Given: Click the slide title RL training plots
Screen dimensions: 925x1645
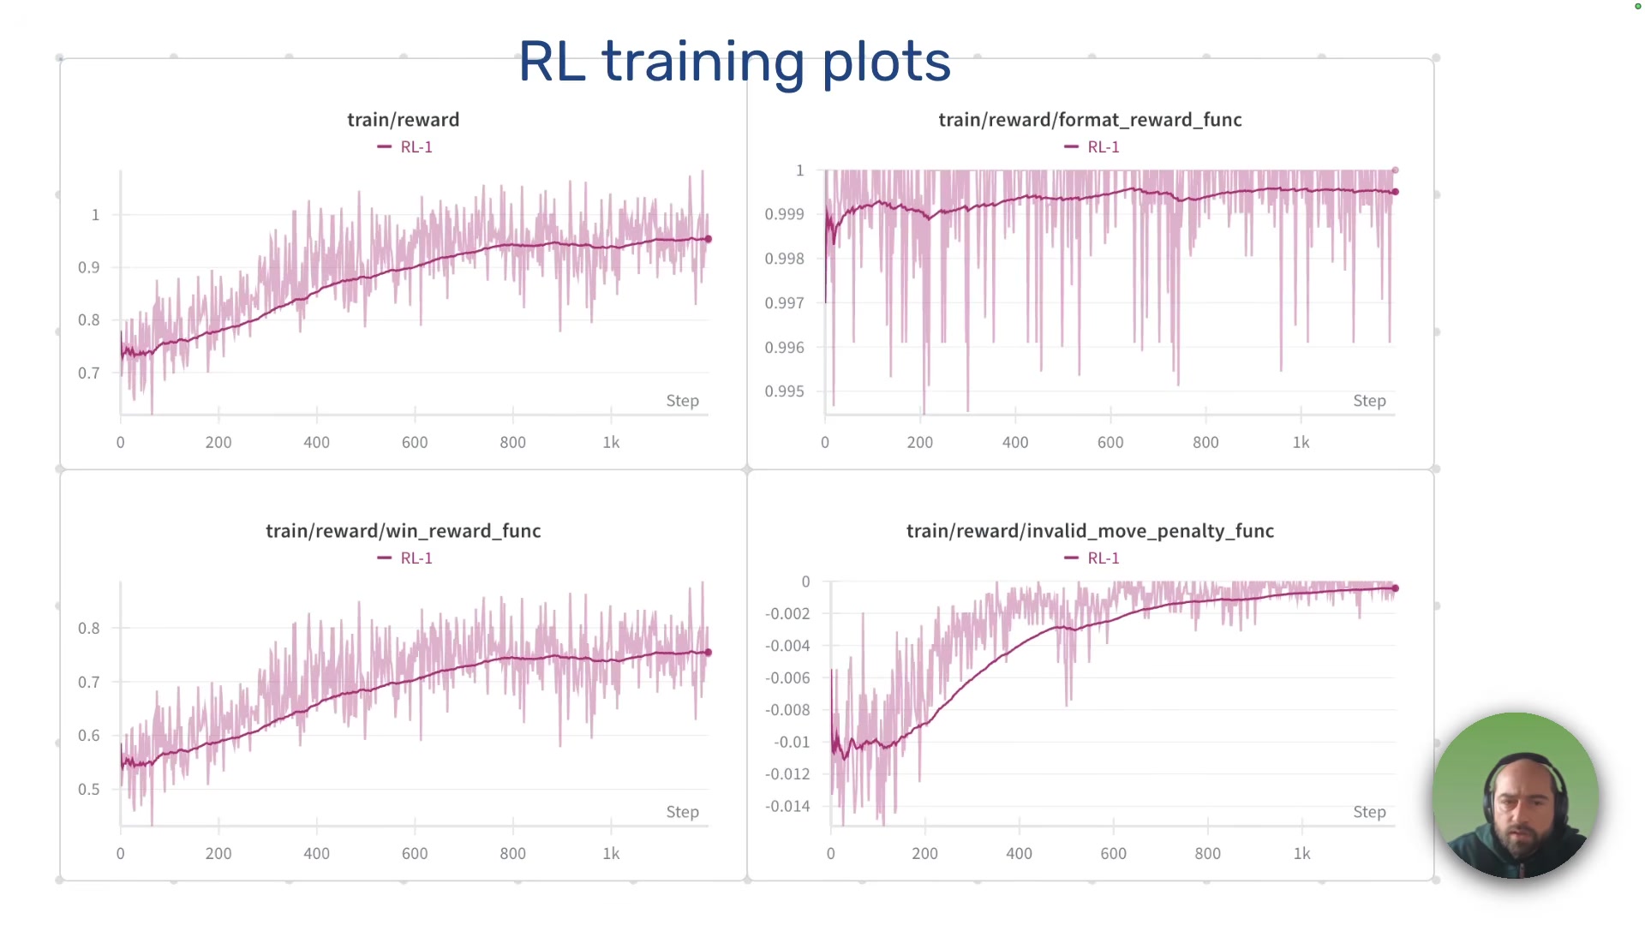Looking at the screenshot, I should pyautogui.click(x=734, y=62).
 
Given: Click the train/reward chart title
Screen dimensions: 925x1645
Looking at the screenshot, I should pyautogui.click(x=403, y=120).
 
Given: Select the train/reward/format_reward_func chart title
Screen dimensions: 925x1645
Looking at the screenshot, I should pyautogui.click(x=1090, y=120).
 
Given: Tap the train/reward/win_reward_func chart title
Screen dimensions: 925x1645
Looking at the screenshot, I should pyautogui.click(x=403, y=531).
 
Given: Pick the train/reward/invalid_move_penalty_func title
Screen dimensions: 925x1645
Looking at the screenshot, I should pyautogui.click(x=1090, y=531).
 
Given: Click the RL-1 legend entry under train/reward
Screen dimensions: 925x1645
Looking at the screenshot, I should pyautogui.click(x=406, y=147).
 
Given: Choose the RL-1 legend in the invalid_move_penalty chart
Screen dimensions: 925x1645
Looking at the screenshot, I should pyautogui.click(x=1093, y=558).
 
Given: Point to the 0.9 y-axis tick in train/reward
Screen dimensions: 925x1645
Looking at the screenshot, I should pyautogui.click(x=89, y=267).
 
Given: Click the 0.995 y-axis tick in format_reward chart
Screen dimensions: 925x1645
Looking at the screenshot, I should pyautogui.click(x=784, y=391).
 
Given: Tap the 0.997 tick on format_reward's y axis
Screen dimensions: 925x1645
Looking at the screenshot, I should pyautogui.click(x=784, y=303).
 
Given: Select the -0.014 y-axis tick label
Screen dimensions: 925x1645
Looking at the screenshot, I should pyautogui.click(x=787, y=806).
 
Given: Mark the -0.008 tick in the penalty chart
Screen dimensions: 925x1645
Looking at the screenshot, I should pyautogui.click(x=787, y=710).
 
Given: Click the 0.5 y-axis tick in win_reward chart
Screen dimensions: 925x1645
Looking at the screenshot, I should pyautogui.click(x=89, y=790).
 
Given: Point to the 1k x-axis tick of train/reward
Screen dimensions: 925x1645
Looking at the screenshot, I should pyautogui.click(x=611, y=443).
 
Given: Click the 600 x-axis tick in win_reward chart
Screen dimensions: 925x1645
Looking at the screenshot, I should pyautogui.click(x=415, y=854).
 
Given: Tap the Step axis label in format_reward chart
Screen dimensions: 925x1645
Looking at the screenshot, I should pyautogui.click(x=1369, y=401).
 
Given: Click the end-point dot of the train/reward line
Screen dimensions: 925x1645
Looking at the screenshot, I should pyautogui.click(x=708, y=239).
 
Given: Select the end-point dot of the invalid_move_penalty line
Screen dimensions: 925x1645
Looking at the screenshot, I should pyautogui.click(x=1395, y=588).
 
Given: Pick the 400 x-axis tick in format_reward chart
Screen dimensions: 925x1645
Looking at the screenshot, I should pyautogui.click(x=1015, y=443).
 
